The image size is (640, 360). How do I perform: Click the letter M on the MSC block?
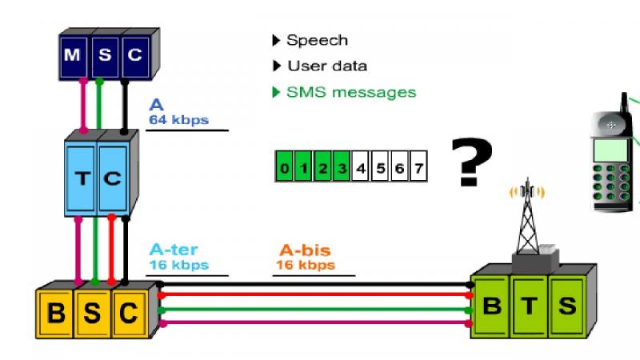72,54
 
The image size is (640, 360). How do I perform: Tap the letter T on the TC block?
83,178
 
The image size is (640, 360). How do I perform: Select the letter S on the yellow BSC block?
92,313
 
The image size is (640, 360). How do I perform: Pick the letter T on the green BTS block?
530,306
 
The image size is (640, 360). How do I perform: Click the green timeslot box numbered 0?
285,166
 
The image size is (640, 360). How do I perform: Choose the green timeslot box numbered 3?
342,166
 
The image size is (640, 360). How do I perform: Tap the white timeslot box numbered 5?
381,166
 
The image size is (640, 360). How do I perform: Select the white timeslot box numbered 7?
418,166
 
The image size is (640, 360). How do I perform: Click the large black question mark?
472,162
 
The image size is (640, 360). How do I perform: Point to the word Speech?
317,41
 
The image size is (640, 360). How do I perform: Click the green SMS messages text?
351,92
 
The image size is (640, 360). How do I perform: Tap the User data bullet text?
327,66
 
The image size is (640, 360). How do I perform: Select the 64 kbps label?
178,120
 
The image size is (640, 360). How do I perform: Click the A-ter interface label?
174,250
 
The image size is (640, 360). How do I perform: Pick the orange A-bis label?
305,250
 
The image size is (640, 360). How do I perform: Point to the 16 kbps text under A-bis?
306,265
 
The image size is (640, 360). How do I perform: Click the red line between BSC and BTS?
314,294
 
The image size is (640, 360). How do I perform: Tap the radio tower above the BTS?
527,216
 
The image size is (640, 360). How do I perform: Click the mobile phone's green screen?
610,150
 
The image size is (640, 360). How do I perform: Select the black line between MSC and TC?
125,106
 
